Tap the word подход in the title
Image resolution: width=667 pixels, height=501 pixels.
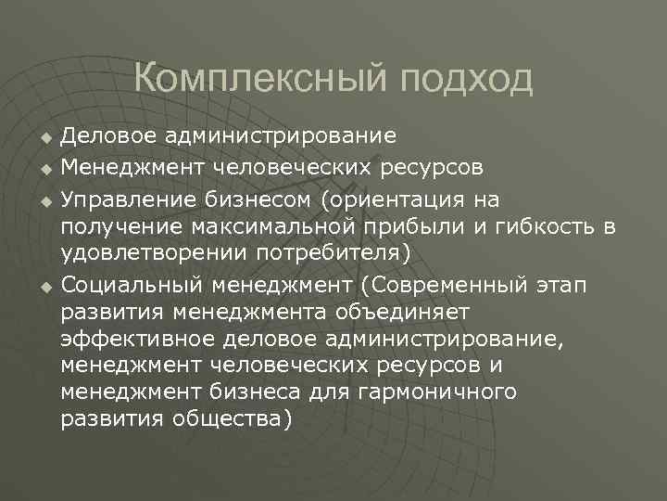(467, 81)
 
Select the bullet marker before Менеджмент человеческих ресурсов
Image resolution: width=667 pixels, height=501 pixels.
(44, 170)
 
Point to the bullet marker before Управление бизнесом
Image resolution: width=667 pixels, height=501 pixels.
(44, 199)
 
